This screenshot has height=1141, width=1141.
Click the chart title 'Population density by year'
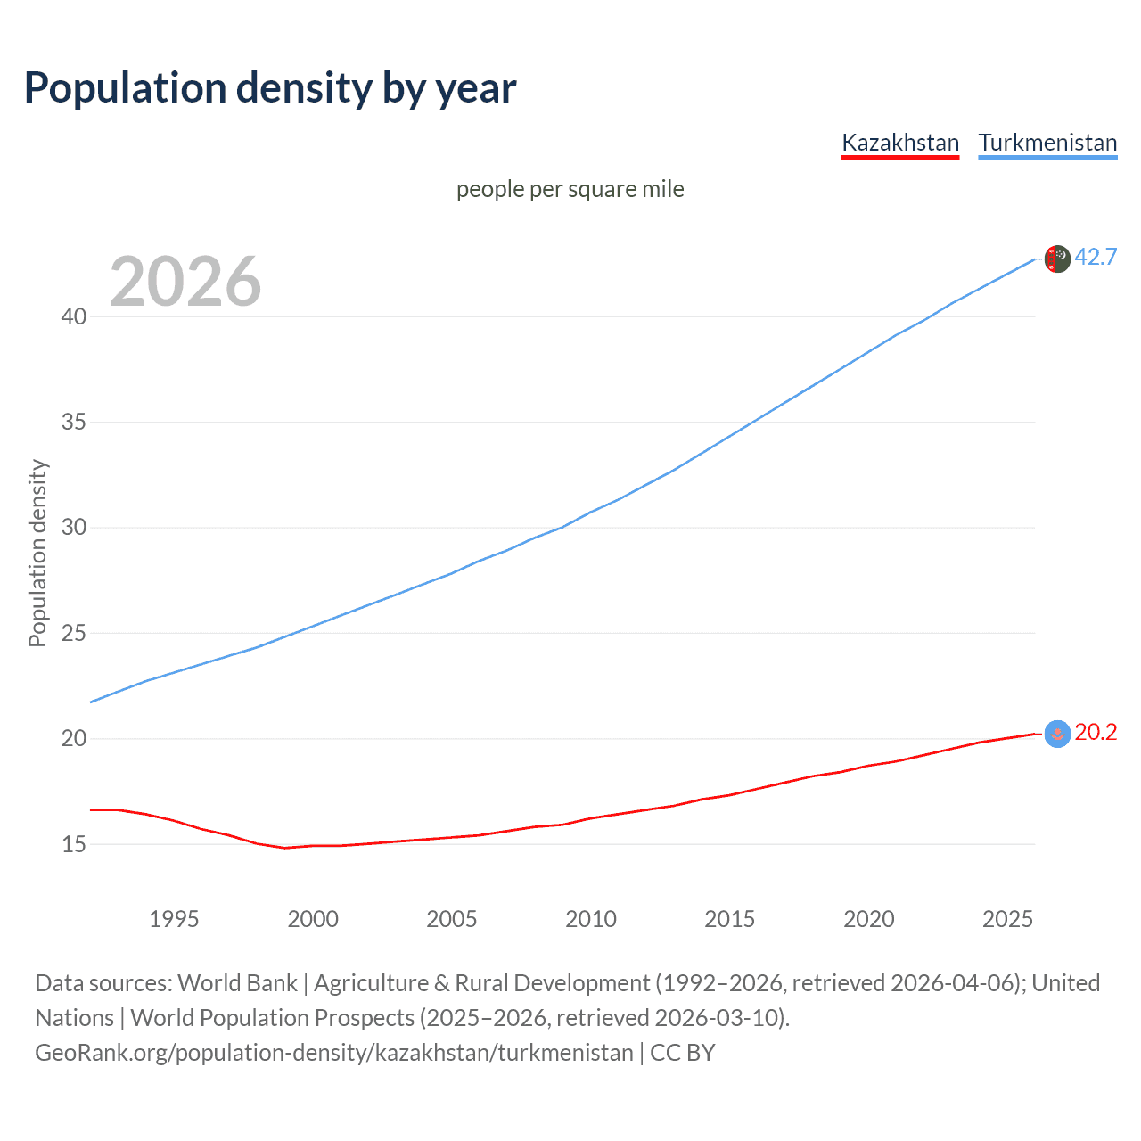tap(270, 88)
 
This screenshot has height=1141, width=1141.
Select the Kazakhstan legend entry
tap(900, 143)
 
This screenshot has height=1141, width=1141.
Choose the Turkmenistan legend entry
tap(1047, 143)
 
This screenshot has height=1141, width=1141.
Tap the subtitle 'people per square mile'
tap(570, 189)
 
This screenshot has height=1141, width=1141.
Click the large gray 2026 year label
tap(185, 282)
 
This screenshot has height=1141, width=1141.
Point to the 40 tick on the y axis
tap(74, 316)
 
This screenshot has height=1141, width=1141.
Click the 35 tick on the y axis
tap(74, 422)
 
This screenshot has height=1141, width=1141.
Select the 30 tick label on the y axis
tap(74, 527)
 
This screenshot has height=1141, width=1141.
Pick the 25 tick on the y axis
tap(74, 633)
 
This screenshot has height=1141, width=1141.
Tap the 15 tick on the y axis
tap(74, 843)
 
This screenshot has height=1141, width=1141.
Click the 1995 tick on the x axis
tap(174, 919)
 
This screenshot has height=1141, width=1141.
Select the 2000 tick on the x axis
tap(313, 919)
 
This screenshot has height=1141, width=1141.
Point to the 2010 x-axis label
tap(591, 919)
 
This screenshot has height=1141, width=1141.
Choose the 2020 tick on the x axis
tap(869, 919)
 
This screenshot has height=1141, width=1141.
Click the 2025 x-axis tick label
tap(1007, 919)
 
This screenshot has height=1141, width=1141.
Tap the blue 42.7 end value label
tap(1096, 257)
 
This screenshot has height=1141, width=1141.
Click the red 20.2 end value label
tap(1096, 732)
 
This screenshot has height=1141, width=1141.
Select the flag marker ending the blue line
tap(1057, 259)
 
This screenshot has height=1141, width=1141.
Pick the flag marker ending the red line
tap(1057, 734)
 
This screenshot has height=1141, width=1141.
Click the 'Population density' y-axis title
tap(37, 553)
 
